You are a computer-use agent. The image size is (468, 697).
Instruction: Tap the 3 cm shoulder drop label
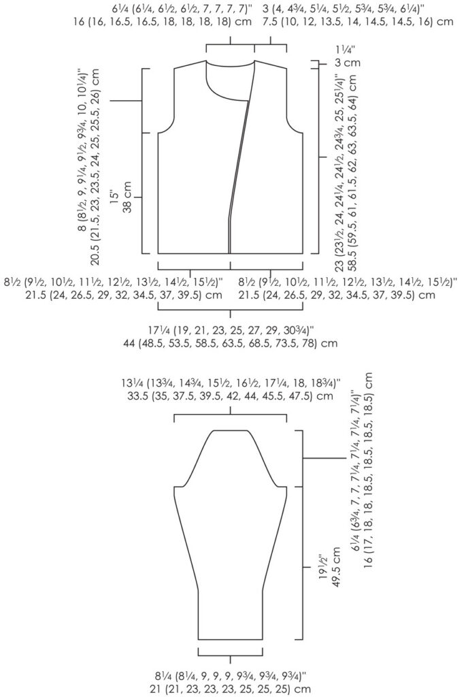pos(346,63)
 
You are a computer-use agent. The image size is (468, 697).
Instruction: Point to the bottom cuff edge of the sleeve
pos(231,639)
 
